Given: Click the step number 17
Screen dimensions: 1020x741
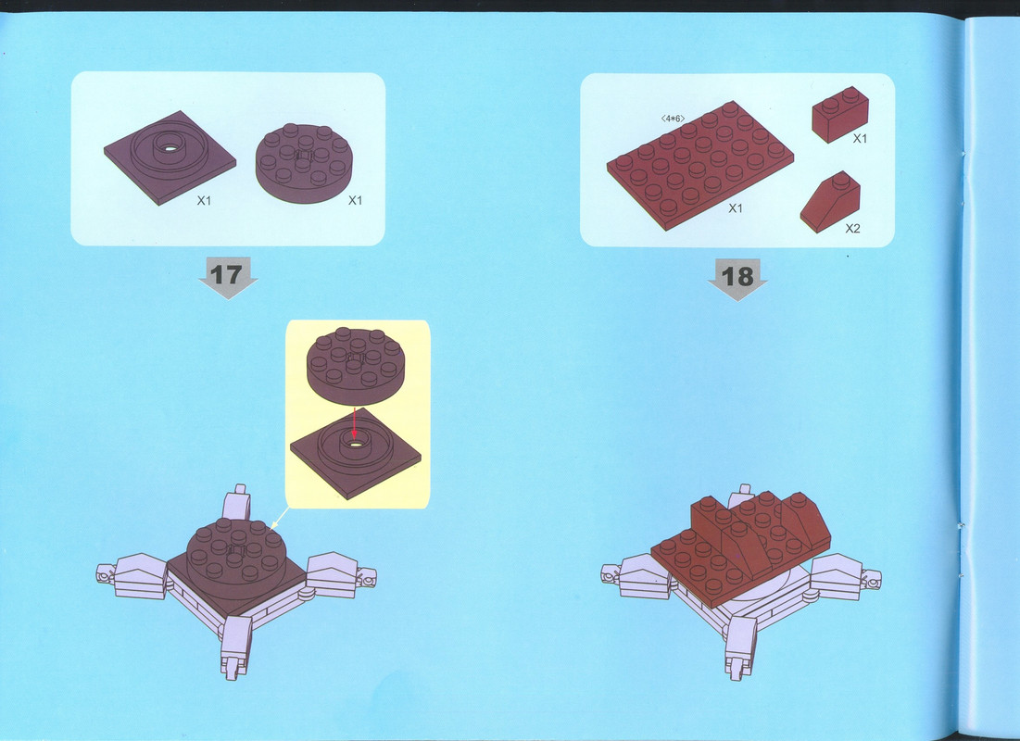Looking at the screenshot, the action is [226, 274].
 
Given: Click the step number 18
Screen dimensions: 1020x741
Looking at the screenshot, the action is [737, 277].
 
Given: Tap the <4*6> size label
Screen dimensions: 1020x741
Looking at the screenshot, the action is [673, 119].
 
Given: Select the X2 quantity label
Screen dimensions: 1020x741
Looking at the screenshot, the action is [852, 229].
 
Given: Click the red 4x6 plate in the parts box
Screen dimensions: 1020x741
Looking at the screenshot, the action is [700, 165].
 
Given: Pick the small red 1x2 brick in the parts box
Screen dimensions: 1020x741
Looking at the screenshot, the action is [840, 115].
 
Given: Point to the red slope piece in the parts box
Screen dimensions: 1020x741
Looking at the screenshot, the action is [830, 202].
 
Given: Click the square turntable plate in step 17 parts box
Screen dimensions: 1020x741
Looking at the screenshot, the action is [170, 157].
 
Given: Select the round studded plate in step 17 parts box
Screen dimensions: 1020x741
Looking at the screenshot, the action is [304, 163].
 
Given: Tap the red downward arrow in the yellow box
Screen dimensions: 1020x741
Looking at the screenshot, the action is [354, 423].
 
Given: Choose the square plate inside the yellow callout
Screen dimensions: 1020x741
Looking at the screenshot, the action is [355, 454].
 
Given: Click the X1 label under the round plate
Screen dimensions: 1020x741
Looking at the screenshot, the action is [355, 200].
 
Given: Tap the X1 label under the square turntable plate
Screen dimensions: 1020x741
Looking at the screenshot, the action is [204, 201].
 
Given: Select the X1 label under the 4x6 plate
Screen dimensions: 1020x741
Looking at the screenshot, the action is [735, 208].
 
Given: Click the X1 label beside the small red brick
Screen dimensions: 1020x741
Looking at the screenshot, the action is [860, 139].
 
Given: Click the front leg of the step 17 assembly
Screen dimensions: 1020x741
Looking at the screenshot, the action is [235, 646].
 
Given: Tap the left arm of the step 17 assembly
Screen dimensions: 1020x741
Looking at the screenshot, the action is [132, 576].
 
